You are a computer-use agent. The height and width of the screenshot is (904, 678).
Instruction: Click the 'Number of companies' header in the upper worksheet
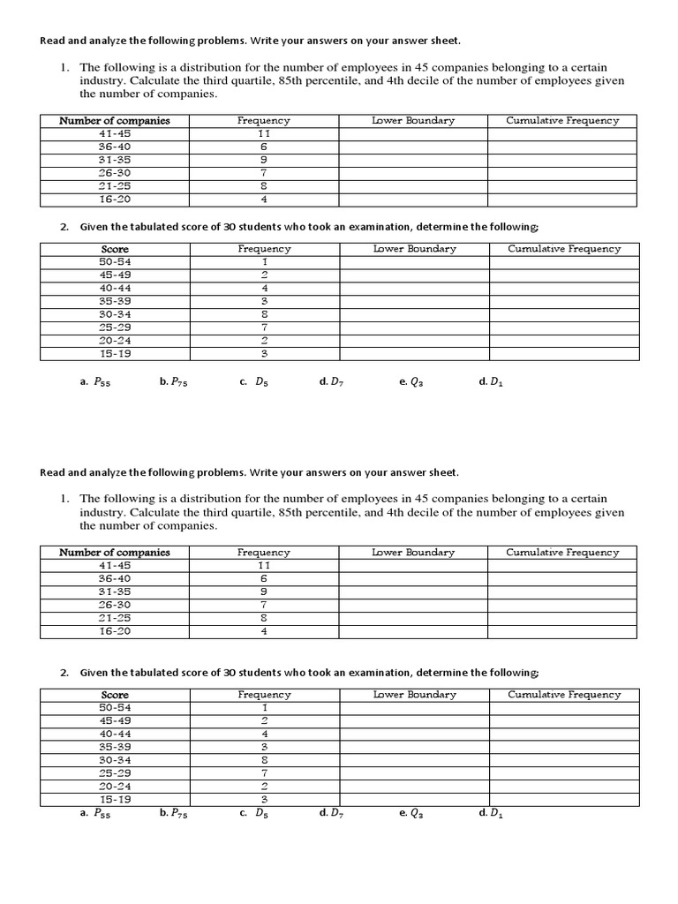pos(115,121)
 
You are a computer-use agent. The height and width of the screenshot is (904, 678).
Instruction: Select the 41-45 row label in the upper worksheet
pos(115,133)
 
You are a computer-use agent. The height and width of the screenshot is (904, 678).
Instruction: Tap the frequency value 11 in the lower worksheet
pos(264,565)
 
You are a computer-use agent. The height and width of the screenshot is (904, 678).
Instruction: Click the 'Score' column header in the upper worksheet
pos(115,249)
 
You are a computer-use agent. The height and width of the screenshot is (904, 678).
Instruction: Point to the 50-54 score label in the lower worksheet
pos(115,707)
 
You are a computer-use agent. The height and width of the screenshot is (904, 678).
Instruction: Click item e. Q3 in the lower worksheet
pos(411,813)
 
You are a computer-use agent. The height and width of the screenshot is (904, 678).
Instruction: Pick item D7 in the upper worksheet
pos(332,382)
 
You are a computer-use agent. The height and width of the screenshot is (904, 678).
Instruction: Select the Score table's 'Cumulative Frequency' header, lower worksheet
pos(564,695)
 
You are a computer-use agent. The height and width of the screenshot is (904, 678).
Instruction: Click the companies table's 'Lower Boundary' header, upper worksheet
pos(413,121)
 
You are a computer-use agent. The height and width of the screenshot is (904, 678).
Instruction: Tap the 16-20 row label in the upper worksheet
pos(115,200)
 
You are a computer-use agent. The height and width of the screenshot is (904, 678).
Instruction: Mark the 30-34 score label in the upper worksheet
pos(115,314)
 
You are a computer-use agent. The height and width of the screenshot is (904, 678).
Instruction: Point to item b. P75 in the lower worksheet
pos(174,813)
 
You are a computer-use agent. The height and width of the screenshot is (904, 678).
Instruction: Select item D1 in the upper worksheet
pos(491,382)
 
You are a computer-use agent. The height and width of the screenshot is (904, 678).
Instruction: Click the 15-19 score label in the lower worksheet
pos(115,799)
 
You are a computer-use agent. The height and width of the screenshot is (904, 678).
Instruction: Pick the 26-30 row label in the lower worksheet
pos(115,605)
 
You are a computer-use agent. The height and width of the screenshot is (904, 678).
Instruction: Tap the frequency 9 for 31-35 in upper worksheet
pos(264,160)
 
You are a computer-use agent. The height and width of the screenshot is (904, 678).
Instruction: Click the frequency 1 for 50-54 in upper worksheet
pos(264,262)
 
